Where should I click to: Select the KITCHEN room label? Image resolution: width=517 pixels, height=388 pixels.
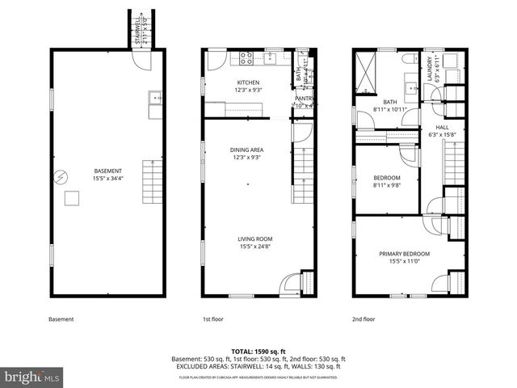pos(248,82)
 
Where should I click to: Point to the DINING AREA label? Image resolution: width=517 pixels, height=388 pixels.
pos(247,150)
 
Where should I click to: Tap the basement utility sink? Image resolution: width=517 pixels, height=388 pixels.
pos(154,99)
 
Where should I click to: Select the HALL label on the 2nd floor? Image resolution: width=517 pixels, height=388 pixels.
pos(442,127)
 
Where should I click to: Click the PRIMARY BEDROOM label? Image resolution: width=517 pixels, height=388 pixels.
pos(404,254)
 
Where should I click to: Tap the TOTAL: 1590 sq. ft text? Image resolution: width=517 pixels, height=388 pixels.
pos(258,352)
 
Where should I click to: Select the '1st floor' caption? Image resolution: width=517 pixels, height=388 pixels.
pos(212,319)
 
